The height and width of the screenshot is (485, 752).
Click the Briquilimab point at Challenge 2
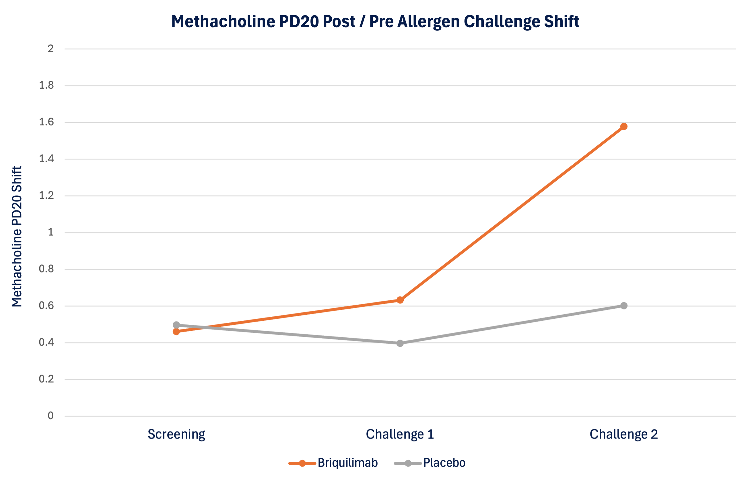(x=624, y=126)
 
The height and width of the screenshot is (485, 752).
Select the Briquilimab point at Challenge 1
(x=400, y=300)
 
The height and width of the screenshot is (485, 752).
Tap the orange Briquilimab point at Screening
(x=176, y=332)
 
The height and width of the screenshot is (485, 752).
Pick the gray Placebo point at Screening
(x=176, y=325)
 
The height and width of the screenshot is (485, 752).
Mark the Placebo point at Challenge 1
(x=400, y=343)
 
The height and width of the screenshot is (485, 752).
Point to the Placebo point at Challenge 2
(x=624, y=306)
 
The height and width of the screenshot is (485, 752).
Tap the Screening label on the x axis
(x=176, y=434)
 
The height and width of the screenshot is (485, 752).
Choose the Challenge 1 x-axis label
(x=400, y=434)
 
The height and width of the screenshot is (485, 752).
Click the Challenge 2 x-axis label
(x=624, y=434)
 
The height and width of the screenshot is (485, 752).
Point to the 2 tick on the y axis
(x=50, y=49)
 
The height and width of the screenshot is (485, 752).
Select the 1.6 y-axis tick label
(x=46, y=122)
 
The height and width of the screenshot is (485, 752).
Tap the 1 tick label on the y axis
(x=50, y=232)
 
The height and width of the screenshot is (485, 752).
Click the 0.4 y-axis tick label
(x=46, y=342)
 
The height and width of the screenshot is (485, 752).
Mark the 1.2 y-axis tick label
(x=46, y=196)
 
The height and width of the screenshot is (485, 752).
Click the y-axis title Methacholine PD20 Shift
(x=17, y=236)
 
